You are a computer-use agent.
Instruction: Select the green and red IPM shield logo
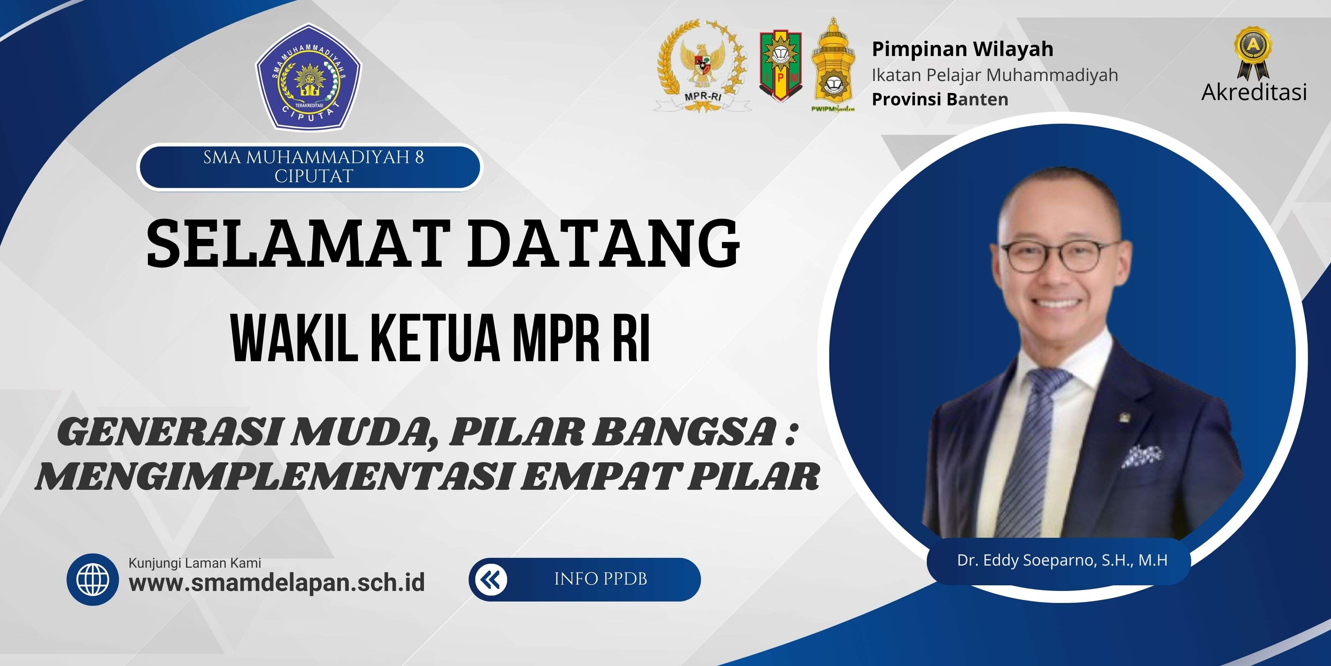pyautogui.click(x=780, y=66)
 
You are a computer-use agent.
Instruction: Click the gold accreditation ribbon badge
pyautogui.click(x=1252, y=53)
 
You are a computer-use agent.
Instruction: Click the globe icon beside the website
pyautogui.click(x=93, y=580)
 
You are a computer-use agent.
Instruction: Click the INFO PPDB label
pyautogui.click(x=600, y=579)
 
